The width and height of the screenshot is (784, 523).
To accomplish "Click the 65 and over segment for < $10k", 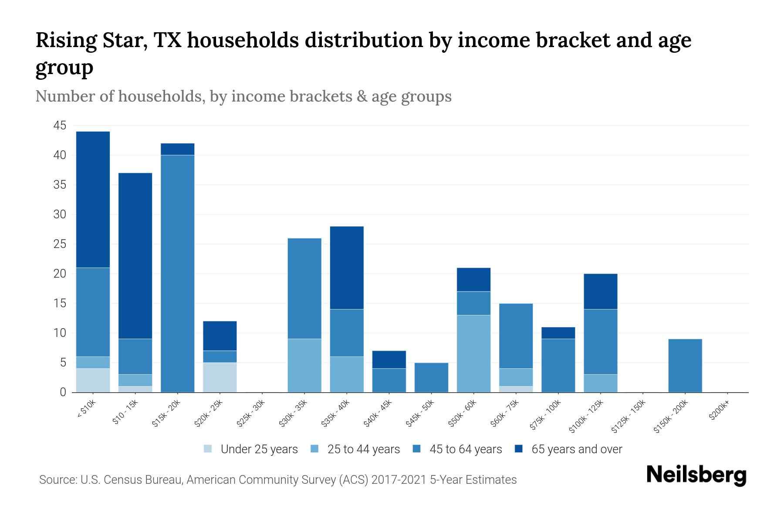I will pos(93,199).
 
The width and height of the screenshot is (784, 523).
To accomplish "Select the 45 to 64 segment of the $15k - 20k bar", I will pos(177,273).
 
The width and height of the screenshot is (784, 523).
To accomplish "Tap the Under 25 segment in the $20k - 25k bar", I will pos(220,377).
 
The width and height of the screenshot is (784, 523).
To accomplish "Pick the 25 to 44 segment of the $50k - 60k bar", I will pos(473,353).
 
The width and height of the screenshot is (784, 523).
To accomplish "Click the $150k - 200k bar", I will pos(685,365).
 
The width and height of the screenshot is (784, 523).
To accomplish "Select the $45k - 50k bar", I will pos(431,377).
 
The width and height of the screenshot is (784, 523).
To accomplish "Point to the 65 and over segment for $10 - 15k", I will pos(135,255).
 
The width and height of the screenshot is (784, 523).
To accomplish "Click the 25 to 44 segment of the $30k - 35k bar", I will pos(304,365).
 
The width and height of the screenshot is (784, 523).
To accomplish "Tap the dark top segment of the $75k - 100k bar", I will pos(558,333).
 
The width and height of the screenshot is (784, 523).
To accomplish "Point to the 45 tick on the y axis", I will pos(60,126).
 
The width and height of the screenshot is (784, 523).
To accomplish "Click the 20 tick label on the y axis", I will pos(60,274).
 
